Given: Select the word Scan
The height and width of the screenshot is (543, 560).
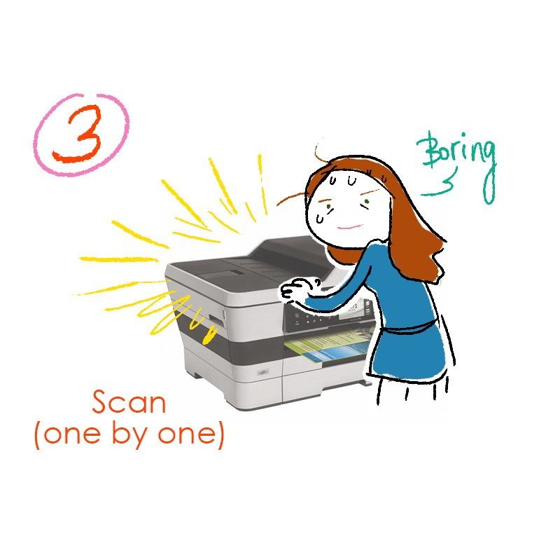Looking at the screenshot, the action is point(129,401).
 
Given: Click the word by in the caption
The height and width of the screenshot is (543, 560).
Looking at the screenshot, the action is point(133,434).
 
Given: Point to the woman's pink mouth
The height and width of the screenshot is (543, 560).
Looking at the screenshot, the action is point(349,226).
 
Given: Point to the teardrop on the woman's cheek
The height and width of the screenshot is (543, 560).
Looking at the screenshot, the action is point(320,216).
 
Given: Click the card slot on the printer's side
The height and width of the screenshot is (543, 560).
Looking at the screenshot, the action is point(216,319).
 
